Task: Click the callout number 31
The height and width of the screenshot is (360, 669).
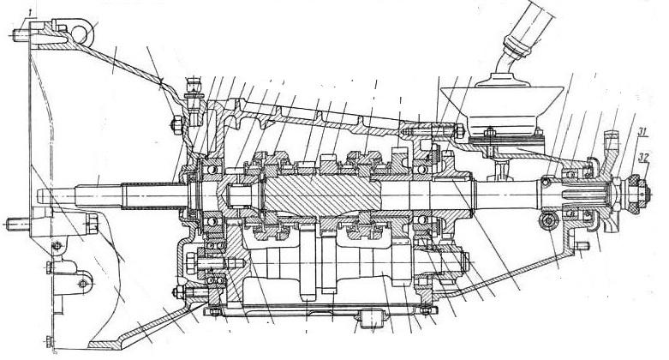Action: [x=642, y=130]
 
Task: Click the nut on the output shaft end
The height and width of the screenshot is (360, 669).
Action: [x=636, y=183]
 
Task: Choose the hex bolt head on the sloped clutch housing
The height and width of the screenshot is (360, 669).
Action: [x=174, y=127]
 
